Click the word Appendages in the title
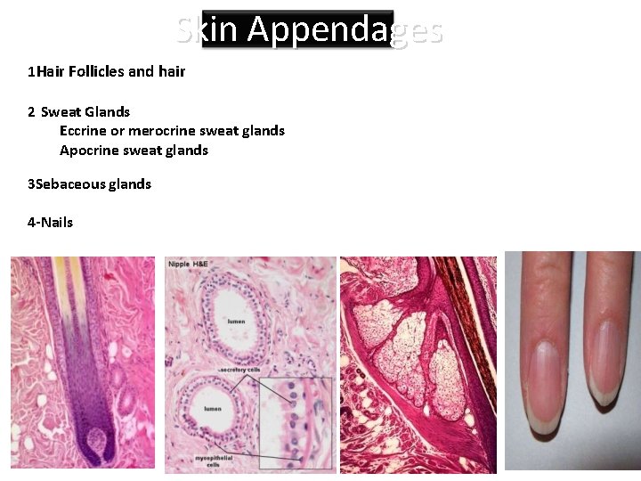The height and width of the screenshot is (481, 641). tap(345, 30)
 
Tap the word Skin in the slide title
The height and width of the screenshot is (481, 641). tap(207, 30)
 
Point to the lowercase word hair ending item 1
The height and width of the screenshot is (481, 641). tap(172, 71)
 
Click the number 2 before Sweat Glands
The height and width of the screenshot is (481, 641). tap(31, 111)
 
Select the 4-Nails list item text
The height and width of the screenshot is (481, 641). tap(51, 222)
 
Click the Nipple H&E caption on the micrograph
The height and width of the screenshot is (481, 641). tap(190, 264)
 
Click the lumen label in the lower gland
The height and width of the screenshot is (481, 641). tap(213, 409)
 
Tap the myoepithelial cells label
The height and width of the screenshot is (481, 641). tap(214, 461)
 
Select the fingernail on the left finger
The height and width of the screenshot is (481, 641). tap(545, 383)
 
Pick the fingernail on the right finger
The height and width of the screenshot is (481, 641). tap(607, 361)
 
